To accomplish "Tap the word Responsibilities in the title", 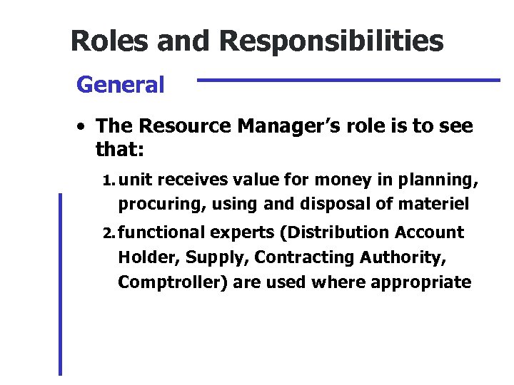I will (332, 41).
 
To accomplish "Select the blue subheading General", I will (120, 85).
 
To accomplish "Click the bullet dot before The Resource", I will (83, 128).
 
